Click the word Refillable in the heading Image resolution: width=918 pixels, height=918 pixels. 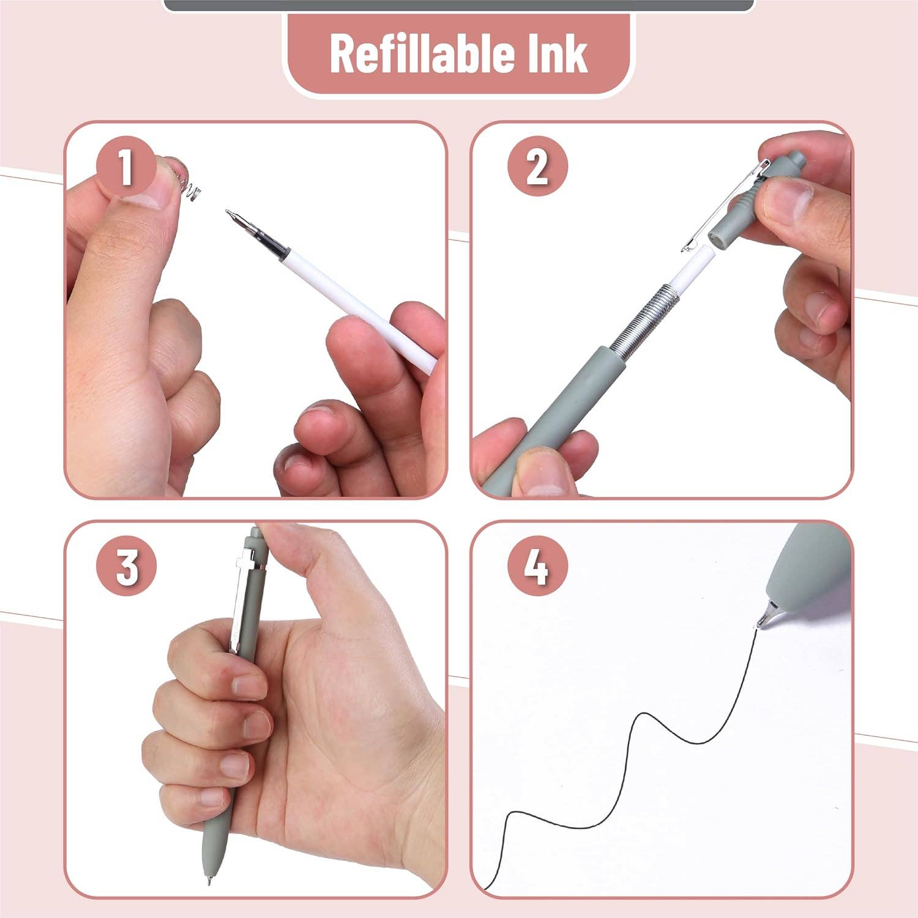pos(414,54)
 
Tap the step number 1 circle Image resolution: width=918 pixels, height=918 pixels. pos(125,167)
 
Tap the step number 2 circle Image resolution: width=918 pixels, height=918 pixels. pos(537,166)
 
